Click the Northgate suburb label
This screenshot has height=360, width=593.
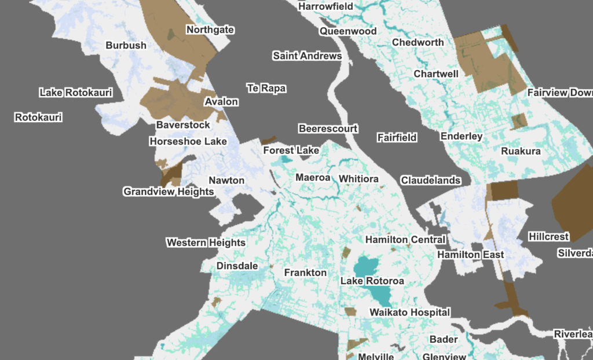coord(210,30)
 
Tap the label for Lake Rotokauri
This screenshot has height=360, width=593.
coord(76,93)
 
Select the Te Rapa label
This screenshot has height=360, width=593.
coord(266,89)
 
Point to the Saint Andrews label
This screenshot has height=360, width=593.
coord(307,56)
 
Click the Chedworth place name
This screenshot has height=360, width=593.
coord(418,42)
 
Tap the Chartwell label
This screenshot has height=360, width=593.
coord(436,74)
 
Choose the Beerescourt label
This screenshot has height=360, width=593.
coord(328,128)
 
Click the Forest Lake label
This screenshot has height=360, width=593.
coord(291,150)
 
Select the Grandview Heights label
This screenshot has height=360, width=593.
coord(169,192)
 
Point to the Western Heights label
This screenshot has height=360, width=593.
coord(206,243)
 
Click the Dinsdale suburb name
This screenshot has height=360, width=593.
coord(237,266)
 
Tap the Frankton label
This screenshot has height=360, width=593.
coord(305,273)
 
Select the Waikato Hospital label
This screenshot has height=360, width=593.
coord(409,313)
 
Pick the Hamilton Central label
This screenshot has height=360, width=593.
coord(405,240)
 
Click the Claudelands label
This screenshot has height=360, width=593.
coord(430,181)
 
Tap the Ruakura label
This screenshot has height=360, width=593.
coord(521,151)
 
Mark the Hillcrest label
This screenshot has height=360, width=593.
coord(549,237)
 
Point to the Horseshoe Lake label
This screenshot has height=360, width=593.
coord(188,141)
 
